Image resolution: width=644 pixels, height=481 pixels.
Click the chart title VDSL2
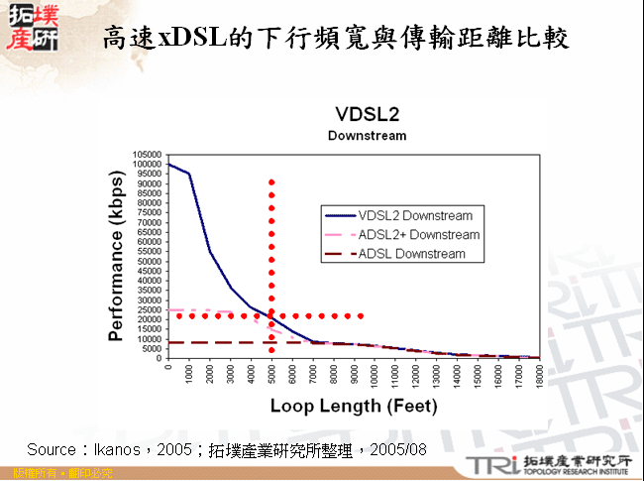368,112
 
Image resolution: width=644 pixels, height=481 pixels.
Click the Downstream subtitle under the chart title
368,135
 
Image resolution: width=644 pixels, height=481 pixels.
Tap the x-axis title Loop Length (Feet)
354,407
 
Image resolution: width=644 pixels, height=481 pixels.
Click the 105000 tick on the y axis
147,155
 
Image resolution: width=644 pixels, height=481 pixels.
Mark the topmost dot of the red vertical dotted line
271,182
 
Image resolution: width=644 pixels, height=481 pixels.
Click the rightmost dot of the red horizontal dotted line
362,316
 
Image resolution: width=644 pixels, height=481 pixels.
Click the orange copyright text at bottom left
55,473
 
